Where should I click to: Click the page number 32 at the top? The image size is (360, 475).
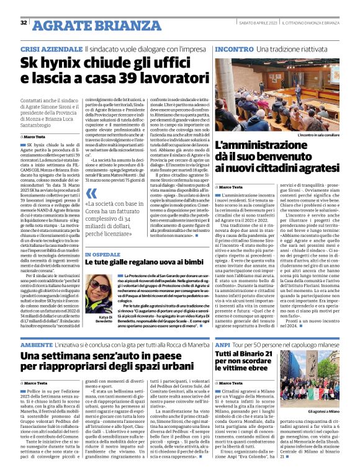click(23, 23)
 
